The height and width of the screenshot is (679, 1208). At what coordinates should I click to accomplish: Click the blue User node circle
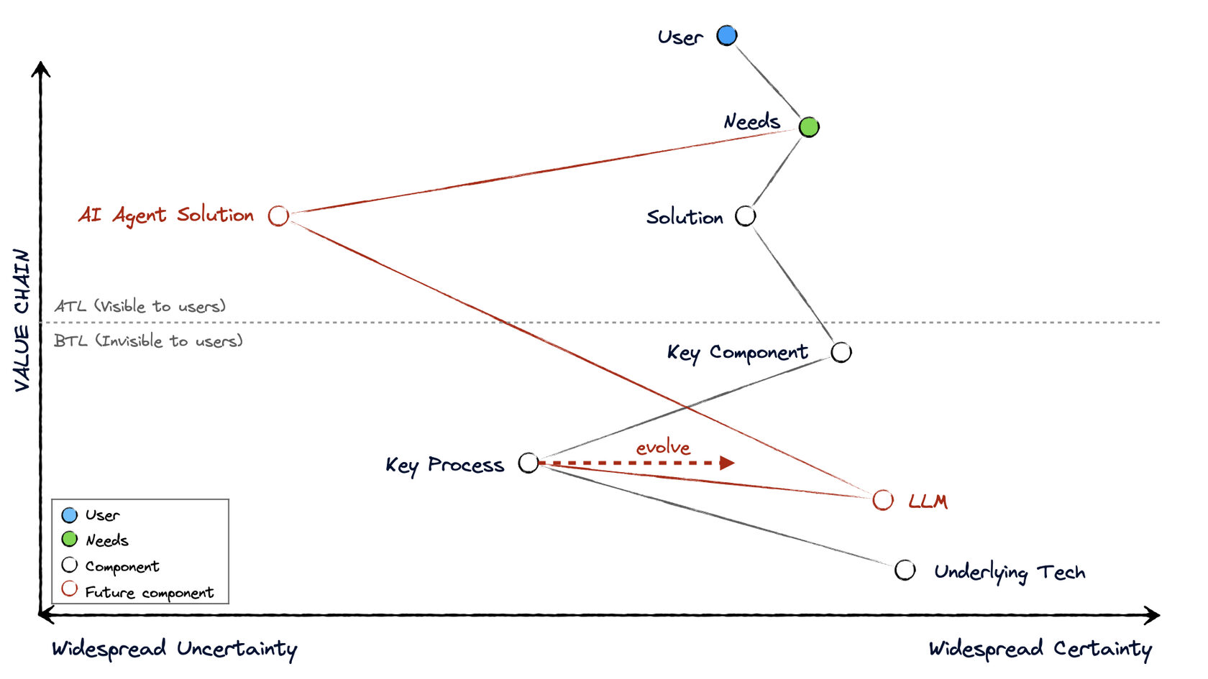727,35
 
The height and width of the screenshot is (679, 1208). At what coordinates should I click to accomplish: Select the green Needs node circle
809,127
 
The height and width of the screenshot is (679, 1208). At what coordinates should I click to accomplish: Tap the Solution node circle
746,216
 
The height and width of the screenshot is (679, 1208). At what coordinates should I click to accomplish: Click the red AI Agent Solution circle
278,216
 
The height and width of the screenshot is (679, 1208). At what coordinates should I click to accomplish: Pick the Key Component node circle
841,352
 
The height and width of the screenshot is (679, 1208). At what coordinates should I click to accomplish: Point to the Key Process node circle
528,463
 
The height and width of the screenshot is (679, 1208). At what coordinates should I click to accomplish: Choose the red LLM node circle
883,500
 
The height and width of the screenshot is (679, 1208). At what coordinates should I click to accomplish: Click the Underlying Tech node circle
905,571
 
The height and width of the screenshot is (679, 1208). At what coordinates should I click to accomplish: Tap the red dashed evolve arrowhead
727,463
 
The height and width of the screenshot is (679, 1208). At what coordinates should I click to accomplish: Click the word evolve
663,448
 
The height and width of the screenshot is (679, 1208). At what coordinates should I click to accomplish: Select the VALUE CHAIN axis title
22,320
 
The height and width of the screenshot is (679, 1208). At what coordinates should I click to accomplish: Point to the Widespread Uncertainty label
174,649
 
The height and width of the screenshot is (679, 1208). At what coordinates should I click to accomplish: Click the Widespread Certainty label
1040,649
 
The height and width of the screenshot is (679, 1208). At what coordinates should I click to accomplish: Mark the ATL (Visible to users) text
140,306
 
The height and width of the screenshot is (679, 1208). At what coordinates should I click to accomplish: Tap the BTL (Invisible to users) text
148,341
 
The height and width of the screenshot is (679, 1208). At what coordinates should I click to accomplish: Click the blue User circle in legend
70,515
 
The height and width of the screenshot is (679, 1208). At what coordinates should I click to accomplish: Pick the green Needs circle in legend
70,539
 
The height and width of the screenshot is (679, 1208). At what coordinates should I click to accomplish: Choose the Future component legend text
150,593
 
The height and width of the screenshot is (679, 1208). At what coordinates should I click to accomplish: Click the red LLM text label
928,502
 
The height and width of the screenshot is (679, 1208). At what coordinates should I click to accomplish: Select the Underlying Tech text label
1010,573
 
